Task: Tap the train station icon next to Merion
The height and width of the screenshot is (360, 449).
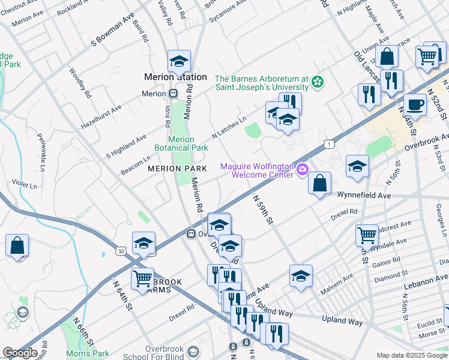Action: click(172, 94)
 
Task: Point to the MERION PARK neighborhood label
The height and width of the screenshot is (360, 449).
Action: click(177, 169)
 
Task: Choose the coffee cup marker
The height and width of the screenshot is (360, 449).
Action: click(415, 105)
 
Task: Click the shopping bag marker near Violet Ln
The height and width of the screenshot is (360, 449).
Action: click(17, 246)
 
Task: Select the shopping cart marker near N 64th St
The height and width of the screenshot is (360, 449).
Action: click(142, 280)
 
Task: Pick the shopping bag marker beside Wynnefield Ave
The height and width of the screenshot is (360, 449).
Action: click(320, 183)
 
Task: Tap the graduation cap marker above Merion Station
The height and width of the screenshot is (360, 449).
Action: click(179, 62)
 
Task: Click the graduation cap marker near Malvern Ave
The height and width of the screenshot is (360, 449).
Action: click(301, 277)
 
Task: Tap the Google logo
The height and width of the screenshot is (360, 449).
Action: click(20, 353)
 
